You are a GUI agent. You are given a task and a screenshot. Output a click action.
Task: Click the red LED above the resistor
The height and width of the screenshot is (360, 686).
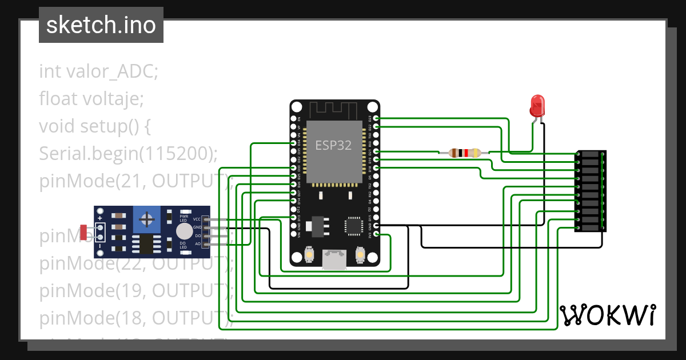[537, 106]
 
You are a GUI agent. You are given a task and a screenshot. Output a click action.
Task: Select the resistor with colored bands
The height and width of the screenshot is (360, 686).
[464, 153]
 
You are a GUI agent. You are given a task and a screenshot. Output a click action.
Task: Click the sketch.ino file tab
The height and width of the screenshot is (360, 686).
[101, 25]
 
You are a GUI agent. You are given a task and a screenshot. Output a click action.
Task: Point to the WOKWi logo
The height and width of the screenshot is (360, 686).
[608, 315]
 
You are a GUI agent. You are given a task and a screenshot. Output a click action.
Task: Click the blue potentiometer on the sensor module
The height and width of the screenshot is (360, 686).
[147, 219]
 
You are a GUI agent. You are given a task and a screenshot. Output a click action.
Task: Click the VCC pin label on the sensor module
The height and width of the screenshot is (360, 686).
[197, 219]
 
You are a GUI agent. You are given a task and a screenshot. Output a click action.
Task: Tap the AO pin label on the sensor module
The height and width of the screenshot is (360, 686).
[198, 244]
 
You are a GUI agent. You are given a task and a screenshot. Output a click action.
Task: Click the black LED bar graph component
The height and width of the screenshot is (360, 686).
[590, 191]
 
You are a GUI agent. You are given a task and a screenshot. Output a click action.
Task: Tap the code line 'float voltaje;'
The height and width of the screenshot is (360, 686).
[91, 99]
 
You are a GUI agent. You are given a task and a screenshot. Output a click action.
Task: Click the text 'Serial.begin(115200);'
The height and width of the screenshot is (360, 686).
[129, 153]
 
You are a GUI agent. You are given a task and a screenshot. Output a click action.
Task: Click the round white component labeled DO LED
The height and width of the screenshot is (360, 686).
[184, 231]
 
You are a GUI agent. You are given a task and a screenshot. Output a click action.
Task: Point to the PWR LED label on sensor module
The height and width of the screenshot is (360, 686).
[184, 218]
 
